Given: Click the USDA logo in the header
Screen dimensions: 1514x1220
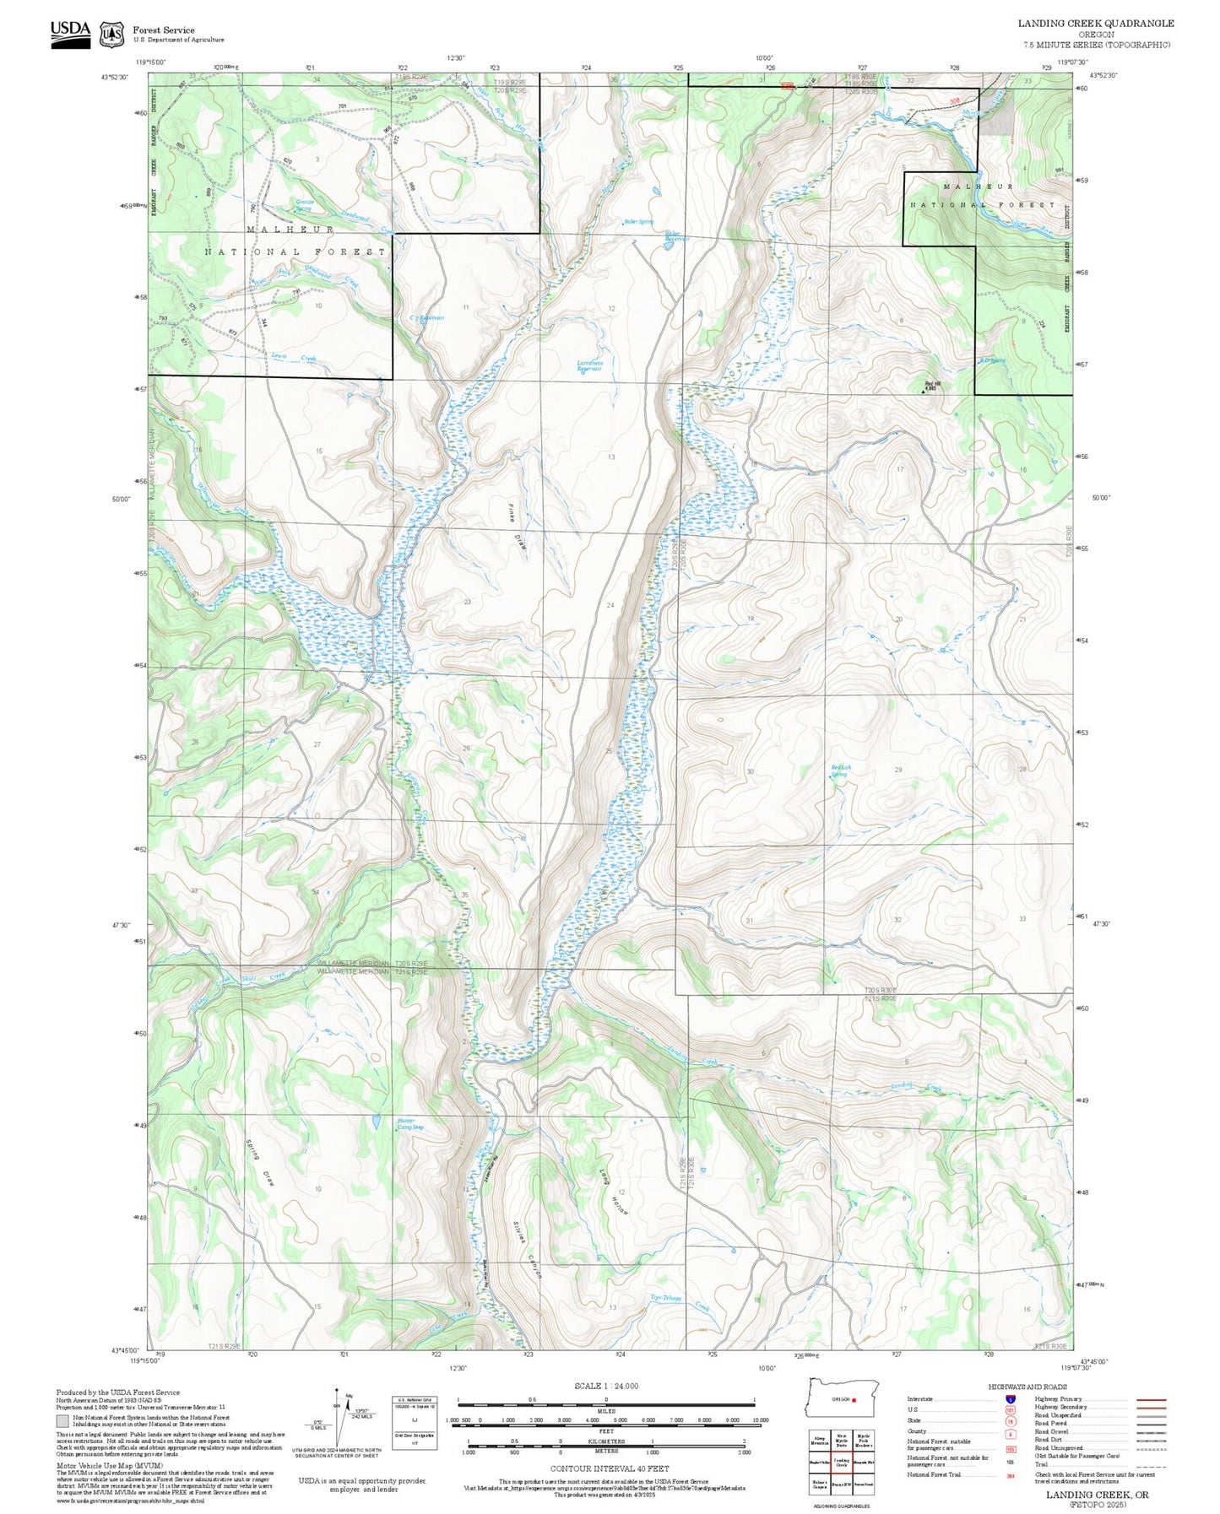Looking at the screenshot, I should pyautogui.click(x=70, y=33).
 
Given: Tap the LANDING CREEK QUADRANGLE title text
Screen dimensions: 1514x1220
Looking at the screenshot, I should pyautogui.click(x=1095, y=23).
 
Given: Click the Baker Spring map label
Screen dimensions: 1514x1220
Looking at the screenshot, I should pyautogui.click(x=638, y=222).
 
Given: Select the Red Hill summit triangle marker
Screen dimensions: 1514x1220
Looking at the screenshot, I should pyautogui.click(x=923, y=391).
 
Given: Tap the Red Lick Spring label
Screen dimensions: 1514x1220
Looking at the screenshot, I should pyautogui.click(x=840, y=771).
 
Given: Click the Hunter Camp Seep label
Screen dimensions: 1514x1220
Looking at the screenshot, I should pyautogui.click(x=410, y=1124).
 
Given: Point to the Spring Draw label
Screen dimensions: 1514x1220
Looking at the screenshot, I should pyautogui.click(x=260, y=1165).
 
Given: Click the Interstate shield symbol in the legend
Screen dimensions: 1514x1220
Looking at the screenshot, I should pyautogui.click(x=1009, y=1398).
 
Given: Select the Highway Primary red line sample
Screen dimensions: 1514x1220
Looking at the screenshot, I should pyautogui.click(x=1152, y=1399).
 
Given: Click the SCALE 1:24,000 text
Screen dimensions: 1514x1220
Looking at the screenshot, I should pyautogui.click(x=605, y=1386).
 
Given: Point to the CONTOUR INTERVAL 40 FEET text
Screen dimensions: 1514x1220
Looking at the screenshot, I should pyautogui.click(x=609, y=1468).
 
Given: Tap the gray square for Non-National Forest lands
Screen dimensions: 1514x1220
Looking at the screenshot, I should pyautogui.click(x=63, y=1421).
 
